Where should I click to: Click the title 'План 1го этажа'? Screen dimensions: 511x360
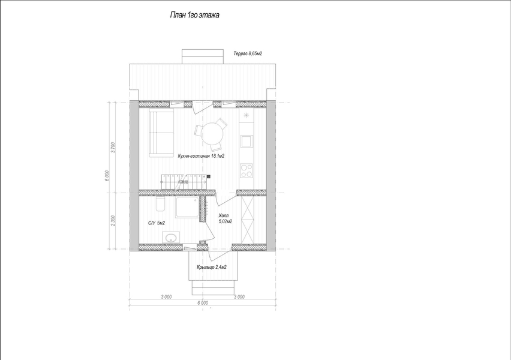tap(194, 15)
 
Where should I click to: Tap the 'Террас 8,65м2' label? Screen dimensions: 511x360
tap(248, 53)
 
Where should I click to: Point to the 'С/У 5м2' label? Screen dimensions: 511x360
tap(157, 223)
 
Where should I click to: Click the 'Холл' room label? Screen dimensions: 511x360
tap(224, 215)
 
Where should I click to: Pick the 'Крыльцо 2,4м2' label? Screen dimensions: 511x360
tap(212, 267)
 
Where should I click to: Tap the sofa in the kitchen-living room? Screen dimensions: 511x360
tap(161, 133)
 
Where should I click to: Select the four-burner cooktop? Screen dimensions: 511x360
tap(247, 170)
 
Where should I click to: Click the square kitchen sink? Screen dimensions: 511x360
tap(247, 141)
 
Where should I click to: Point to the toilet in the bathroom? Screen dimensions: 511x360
tap(160, 204)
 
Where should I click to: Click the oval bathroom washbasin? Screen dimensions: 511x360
tap(171, 237)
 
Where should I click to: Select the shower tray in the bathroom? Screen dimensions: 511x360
tap(187, 207)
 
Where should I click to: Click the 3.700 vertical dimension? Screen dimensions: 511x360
tap(113, 148)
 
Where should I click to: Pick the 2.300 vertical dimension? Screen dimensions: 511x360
tap(113, 221)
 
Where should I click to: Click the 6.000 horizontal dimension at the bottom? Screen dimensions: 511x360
tap(202, 303)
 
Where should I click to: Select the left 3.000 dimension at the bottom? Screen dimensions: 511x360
tap(166, 297)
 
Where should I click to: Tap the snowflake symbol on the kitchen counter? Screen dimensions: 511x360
tap(247, 115)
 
